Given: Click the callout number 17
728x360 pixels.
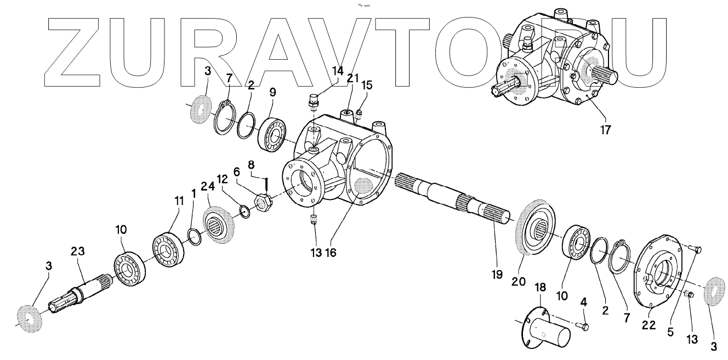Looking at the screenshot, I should [605, 130].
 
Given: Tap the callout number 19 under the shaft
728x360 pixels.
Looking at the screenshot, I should [496, 275].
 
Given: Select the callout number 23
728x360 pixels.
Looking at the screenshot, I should [78, 252].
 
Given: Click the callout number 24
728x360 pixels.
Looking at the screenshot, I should [208, 186].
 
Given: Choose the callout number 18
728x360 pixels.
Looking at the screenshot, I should [540, 288].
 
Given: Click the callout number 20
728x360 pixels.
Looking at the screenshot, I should [519, 282].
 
